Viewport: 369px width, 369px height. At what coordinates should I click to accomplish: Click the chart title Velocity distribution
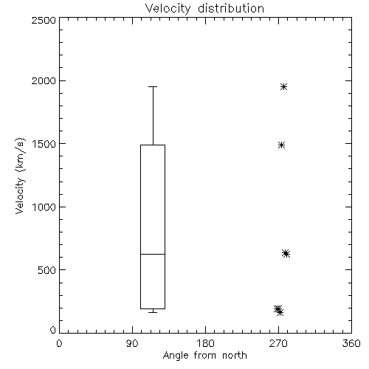tap(204, 9)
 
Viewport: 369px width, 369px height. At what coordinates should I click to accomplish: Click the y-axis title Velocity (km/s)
tap(20, 176)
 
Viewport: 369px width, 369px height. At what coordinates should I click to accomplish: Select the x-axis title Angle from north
tap(204, 356)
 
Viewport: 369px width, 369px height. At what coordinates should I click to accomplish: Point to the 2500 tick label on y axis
tap(44, 20)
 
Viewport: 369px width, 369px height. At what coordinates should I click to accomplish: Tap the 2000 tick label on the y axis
tap(44, 80)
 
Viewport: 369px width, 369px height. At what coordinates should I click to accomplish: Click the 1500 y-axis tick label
tap(44, 144)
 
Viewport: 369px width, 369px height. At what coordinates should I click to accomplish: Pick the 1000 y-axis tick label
tap(44, 207)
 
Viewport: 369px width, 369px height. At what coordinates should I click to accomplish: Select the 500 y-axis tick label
tap(46, 270)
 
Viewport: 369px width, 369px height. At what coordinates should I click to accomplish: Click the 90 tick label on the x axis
tap(132, 343)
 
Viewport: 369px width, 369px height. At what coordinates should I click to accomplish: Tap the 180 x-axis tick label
tap(205, 343)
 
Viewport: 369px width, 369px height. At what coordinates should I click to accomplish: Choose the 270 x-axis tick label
tap(278, 343)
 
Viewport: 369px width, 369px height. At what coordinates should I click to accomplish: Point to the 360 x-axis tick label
tap(351, 343)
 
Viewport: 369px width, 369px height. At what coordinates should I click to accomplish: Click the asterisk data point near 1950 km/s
tap(284, 86)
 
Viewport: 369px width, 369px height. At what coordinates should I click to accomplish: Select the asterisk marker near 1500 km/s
tap(282, 145)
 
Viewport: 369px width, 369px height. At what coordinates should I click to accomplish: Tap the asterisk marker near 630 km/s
tap(286, 254)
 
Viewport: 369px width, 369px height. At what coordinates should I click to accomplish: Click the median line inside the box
tap(153, 254)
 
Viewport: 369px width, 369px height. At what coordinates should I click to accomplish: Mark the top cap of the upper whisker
tap(153, 86)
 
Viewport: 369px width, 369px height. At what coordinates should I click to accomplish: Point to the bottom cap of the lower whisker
tap(153, 312)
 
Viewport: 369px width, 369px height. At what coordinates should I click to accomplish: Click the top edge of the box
tap(153, 145)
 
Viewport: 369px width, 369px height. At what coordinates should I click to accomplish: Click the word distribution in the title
tap(231, 8)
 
